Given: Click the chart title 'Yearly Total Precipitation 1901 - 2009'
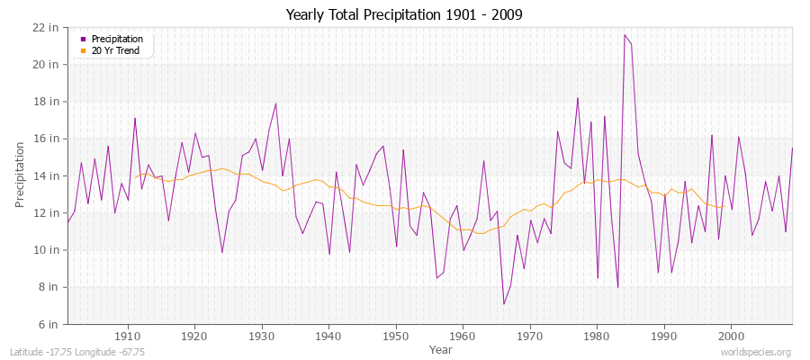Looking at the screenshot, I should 404,14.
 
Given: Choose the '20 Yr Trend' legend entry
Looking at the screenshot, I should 116,50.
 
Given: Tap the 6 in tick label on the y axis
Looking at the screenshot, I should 50,324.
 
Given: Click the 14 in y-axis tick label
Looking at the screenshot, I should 48,175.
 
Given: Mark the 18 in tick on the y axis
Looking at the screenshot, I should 48,102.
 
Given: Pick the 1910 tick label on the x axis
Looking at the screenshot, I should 128,337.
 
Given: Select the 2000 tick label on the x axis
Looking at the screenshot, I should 731,337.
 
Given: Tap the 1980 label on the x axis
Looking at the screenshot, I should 597,337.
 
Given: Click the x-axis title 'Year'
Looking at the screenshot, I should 441,348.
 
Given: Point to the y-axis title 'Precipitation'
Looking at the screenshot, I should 20,175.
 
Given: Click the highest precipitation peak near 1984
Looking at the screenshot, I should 625,35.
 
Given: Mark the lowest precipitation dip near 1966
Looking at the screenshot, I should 504,303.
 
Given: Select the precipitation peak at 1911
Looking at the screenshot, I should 135,118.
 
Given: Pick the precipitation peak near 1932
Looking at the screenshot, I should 275,103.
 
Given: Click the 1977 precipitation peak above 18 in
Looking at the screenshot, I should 578,98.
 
